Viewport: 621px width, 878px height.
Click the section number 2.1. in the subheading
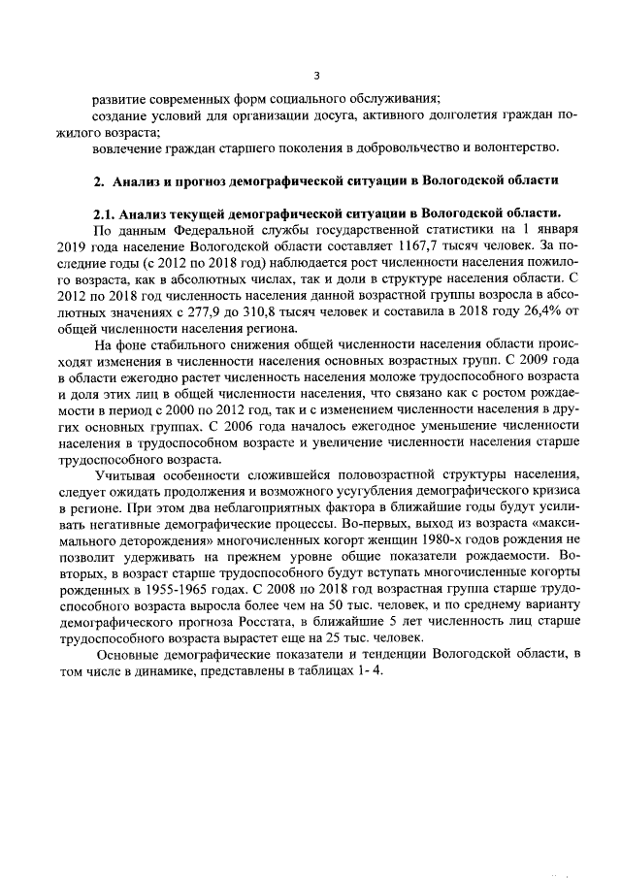click(x=105, y=213)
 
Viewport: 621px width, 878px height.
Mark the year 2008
click(x=286, y=591)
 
